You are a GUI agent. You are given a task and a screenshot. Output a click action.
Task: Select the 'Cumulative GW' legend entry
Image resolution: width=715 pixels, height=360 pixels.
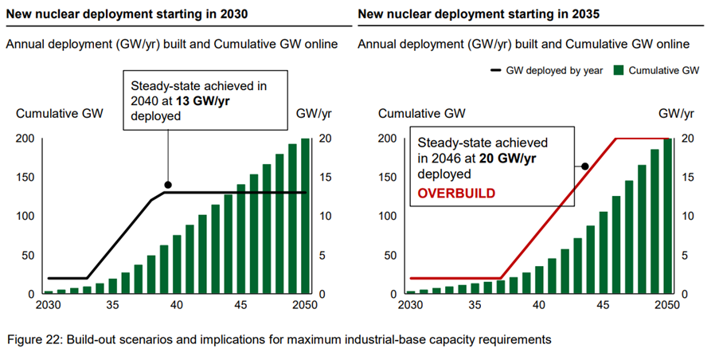point(659,70)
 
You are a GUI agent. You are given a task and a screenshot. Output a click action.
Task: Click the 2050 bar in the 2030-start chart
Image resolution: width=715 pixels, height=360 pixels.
point(305,217)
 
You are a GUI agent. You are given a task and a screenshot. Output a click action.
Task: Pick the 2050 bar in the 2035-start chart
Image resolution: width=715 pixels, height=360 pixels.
point(666,217)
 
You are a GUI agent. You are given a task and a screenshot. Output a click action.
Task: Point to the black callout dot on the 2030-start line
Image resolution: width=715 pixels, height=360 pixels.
point(167,185)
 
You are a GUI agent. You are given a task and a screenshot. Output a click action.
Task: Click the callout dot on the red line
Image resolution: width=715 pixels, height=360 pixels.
point(584,166)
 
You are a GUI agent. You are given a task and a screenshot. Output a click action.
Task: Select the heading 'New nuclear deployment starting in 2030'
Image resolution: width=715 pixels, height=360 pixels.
point(119,14)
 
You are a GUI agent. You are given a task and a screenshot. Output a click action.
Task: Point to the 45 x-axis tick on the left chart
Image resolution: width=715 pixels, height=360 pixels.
point(240,306)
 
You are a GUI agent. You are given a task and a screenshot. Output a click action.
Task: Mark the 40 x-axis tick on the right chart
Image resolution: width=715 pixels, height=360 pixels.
point(539,306)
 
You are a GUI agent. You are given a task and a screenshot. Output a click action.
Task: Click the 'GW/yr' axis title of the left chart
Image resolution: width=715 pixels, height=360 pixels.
point(311,114)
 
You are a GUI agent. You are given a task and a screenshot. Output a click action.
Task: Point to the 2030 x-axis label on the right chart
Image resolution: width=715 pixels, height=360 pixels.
point(408,306)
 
